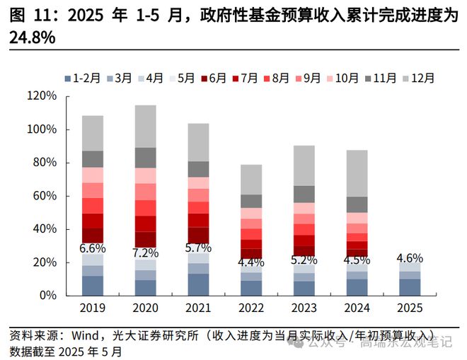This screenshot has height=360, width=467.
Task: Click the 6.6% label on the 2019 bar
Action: point(93,248)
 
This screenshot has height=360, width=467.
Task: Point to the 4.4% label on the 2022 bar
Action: point(251,263)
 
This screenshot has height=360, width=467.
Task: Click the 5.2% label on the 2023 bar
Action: point(304,260)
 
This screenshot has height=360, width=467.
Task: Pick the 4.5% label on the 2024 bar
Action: point(357,260)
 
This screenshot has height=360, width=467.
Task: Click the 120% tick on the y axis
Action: point(41,96)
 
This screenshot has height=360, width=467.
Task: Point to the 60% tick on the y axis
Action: point(44,196)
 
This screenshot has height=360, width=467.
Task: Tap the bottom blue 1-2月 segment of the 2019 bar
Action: point(92,285)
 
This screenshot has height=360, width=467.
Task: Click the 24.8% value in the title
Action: point(33,38)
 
